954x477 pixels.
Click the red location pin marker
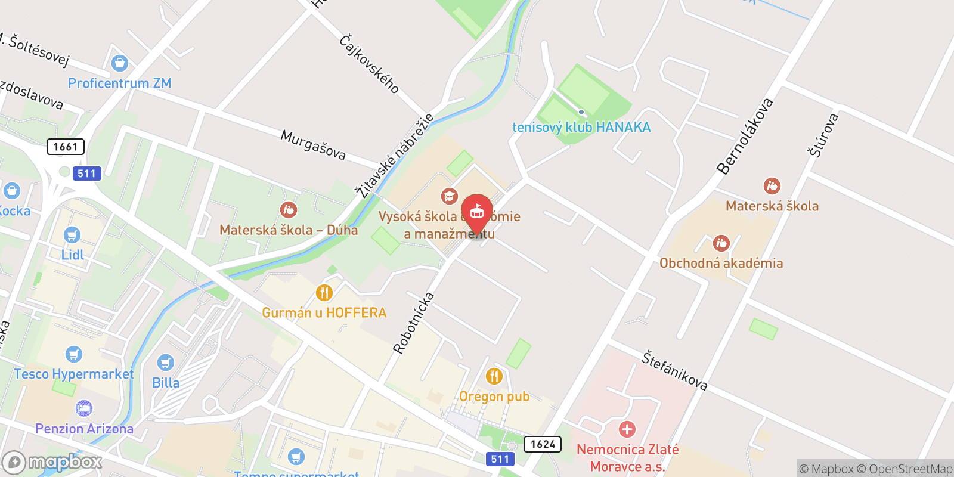pyautogui.click(x=476, y=213)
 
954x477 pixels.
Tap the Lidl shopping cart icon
pyautogui.click(x=72, y=235)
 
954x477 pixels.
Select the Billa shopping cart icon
pyautogui.click(x=165, y=363)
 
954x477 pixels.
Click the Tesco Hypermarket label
pyautogui.click(x=73, y=374)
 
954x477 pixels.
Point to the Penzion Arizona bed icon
pyautogui.click(x=84, y=408)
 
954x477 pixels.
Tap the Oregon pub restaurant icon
pyautogui.click(x=494, y=376)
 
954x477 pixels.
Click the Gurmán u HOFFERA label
pyautogui.click(x=324, y=312)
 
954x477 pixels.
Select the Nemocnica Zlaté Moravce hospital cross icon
pyautogui.click(x=627, y=429)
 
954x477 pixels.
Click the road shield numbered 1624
pyautogui.click(x=542, y=444)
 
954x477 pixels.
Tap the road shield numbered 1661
pyautogui.click(x=66, y=147)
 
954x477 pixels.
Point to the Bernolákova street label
pyautogui.click(x=745, y=136)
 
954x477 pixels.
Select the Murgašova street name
pyautogui.click(x=313, y=145)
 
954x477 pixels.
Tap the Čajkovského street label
pyautogui.click(x=369, y=63)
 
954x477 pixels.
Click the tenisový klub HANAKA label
pyautogui.click(x=581, y=127)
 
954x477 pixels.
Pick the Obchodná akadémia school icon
pyautogui.click(x=721, y=243)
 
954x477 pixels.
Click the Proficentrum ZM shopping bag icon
pyautogui.click(x=120, y=63)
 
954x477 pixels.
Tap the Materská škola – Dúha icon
pyautogui.click(x=289, y=210)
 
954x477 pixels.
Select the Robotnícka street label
pyautogui.click(x=413, y=323)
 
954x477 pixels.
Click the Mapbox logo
pyautogui.click(x=52, y=462)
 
